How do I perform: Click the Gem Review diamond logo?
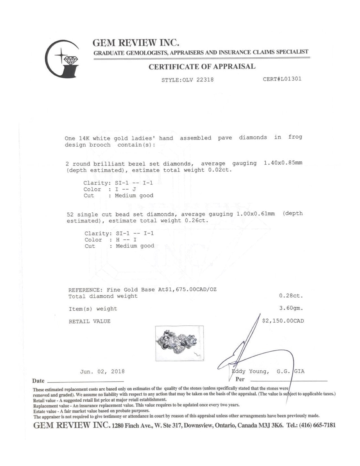[62, 58]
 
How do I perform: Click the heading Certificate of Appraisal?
[202, 67]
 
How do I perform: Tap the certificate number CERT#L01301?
[282, 79]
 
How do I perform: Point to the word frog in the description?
[295, 137]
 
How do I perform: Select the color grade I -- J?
[126, 189]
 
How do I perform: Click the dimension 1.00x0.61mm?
[256, 214]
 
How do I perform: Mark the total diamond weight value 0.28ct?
[291, 296]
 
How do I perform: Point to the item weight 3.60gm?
[291, 308]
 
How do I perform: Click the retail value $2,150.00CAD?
[283, 321]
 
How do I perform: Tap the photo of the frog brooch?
[180, 343]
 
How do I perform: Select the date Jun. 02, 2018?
[102, 372]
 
